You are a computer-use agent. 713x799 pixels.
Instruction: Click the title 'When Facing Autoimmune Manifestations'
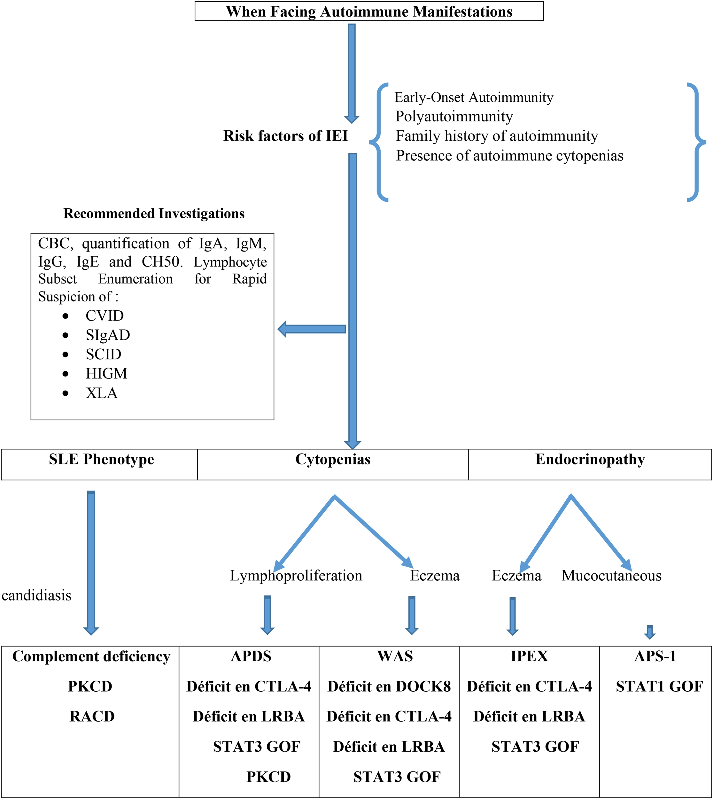click(x=369, y=12)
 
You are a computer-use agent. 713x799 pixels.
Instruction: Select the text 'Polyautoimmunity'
click(x=454, y=116)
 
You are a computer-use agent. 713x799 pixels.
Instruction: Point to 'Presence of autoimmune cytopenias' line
click(x=509, y=156)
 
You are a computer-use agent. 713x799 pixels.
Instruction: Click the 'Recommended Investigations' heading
click(x=154, y=213)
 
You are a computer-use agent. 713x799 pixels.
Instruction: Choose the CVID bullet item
click(x=105, y=316)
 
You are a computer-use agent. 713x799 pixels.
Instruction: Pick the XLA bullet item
click(x=101, y=393)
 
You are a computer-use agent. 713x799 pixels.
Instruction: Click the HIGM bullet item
click(x=106, y=374)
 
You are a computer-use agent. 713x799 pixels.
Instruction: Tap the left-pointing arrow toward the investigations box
click(x=312, y=329)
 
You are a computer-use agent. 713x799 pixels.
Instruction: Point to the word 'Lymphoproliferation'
click(x=296, y=576)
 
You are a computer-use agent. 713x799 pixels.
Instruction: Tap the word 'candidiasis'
click(x=36, y=596)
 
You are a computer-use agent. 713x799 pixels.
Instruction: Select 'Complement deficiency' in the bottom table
click(x=91, y=656)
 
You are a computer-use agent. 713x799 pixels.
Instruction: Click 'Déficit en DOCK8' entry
click(x=389, y=687)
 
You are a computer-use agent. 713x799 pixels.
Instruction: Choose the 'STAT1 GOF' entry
click(x=659, y=687)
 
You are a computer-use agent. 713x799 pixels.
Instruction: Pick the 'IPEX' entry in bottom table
click(x=529, y=656)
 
